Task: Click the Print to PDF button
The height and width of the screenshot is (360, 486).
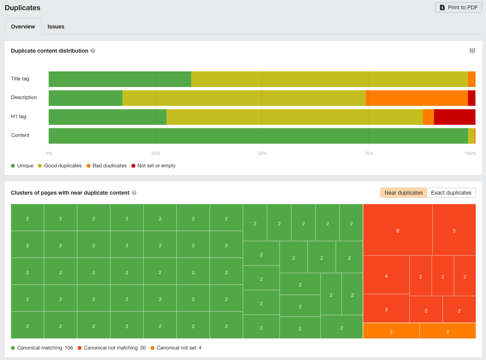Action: click(x=458, y=7)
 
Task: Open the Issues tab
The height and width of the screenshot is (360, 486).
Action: click(x=56, y=27)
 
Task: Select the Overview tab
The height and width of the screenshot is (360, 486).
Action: click(x=23, y=27)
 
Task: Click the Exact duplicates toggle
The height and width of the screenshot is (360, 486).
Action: click(x=451, y=193)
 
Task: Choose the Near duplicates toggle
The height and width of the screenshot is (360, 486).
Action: click(x=403, y=193)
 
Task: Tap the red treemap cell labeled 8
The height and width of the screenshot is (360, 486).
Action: click(x=397, y=230)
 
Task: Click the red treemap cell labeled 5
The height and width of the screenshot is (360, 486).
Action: click(x=454, y=230)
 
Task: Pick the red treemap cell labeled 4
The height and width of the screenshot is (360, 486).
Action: click(x=386, y=275)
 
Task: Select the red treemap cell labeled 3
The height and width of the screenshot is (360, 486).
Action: click(x=386, y=309)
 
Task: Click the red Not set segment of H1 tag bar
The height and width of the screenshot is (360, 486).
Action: click(x=454, y=117)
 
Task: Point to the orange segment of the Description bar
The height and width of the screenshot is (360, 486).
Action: click(x=417, y=98)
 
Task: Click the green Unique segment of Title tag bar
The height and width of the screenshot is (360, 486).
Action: click(x=120, y=79)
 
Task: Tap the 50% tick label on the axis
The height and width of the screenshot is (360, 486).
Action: click(x=262, y=153)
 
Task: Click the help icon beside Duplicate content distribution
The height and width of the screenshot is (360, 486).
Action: click(x=93, y=51)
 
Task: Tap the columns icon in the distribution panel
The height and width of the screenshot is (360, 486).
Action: click(x=472, y=51)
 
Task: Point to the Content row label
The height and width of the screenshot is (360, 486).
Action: click(x=20, y=135)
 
